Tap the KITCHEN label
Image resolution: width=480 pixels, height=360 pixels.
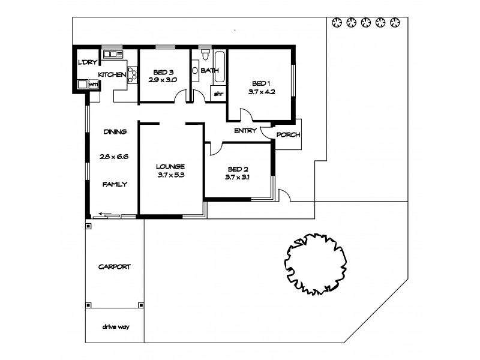pos(112,74)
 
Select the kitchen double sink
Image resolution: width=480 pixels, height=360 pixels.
pos(112,55)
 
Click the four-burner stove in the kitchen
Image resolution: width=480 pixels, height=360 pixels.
pos(133,75)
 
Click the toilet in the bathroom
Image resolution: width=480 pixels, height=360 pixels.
pos(205,55)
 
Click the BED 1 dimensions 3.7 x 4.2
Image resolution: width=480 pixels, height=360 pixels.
pos(261,92)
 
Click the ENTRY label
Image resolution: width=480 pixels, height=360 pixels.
pos(245,130)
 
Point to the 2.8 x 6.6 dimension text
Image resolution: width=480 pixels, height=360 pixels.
pos(115,157)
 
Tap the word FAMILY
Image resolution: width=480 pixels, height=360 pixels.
pos(115,184)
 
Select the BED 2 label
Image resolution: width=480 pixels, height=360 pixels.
pos(236,170)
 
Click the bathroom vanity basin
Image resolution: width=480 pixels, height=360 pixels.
pos(196,70)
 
